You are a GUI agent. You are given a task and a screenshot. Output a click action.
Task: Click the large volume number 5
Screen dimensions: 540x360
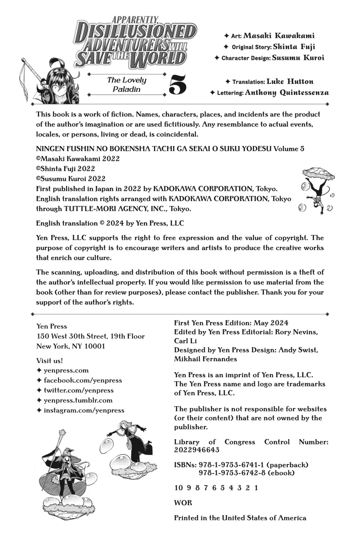(178, 84)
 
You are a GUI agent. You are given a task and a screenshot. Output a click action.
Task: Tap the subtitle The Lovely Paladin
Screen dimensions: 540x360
(126, 84)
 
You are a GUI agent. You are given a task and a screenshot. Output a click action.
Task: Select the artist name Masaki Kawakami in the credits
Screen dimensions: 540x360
(282, 36)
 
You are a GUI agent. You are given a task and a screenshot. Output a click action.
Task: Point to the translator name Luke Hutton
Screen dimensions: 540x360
(290, 82)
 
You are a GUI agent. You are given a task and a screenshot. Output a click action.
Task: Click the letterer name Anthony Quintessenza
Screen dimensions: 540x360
(286, 93)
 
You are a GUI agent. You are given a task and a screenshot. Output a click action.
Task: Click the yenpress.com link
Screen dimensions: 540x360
(66, 370)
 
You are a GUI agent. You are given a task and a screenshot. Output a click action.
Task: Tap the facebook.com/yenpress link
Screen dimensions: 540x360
(82, 380)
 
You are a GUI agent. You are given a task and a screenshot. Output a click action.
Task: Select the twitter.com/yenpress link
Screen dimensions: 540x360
(78, 390)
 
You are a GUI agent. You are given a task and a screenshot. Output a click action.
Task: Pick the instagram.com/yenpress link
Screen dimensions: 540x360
(84, 410)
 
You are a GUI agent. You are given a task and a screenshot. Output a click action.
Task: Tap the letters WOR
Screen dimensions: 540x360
(183, 503)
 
